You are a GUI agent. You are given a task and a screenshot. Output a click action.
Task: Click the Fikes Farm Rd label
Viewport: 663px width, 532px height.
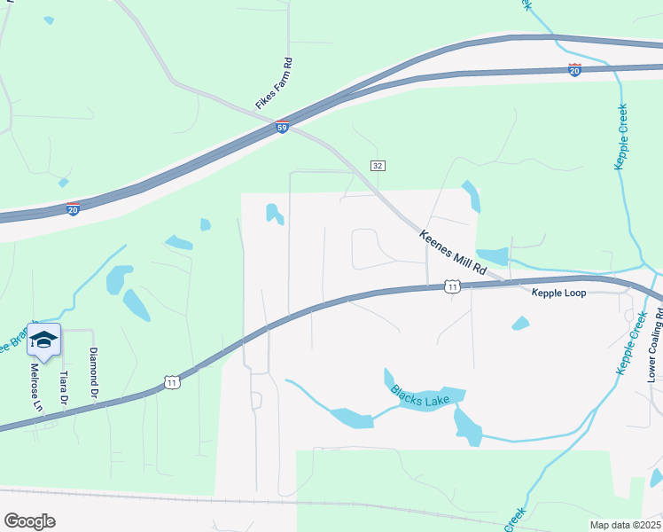pyautogui.click(x=274, y=83)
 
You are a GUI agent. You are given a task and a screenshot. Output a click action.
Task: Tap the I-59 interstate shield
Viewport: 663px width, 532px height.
pyautogui.click(x=282, y=128)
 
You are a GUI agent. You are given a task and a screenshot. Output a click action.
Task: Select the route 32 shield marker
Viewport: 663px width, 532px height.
pyautogui.click(x=378, y=166)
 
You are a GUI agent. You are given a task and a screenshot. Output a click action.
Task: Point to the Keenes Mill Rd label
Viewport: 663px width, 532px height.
pyautogui.click(x=454, y=253)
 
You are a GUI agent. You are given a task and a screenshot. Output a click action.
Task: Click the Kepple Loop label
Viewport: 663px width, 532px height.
pyautogui.click(x=558, y=293)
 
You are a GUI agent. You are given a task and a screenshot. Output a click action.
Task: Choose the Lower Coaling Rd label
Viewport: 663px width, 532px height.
pyautogui.click(x=656, y=346)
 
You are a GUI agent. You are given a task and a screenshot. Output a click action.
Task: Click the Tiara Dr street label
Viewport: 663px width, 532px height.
pyautogui.click(x=64, y=387)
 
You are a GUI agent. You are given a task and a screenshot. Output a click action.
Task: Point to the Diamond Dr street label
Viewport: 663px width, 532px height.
pyautogui.click(x=92, y=372)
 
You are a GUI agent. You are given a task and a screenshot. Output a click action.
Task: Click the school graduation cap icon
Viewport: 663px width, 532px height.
pyautogui.click(x=43, y=339)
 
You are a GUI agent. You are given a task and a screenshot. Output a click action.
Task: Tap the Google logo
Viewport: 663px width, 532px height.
pyautogui.click(x=29, y=521)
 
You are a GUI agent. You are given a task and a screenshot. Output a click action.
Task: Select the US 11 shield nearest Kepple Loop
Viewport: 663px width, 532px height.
pyautogui.click(x=453, y=286)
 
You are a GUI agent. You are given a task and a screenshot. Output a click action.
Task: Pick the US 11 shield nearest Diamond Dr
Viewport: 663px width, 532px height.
pyautogui.click(x=171, y=382)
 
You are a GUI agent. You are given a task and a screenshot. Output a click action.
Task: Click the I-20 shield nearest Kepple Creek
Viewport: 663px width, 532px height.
pyautogui.click(x=574, y=70)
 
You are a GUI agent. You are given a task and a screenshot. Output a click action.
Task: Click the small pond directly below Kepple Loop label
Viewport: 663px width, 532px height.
pyautogui.click(x=520, y=324)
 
